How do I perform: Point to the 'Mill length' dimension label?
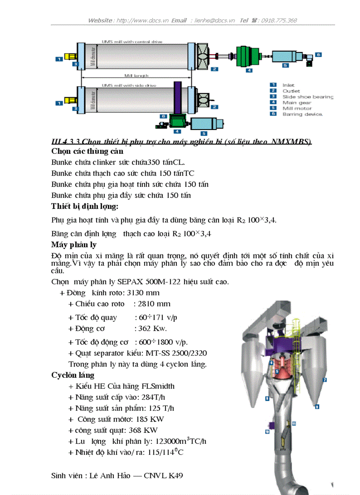(x=136, y=76)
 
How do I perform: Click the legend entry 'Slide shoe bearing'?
(x=307, y=97)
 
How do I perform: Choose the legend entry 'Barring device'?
(x=302, y=114)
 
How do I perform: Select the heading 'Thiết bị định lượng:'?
(x=85, y=206)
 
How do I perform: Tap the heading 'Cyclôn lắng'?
(x=73, y=375)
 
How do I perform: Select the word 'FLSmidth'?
(x=157, y=386)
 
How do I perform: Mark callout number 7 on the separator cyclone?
(x=324, y=379)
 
